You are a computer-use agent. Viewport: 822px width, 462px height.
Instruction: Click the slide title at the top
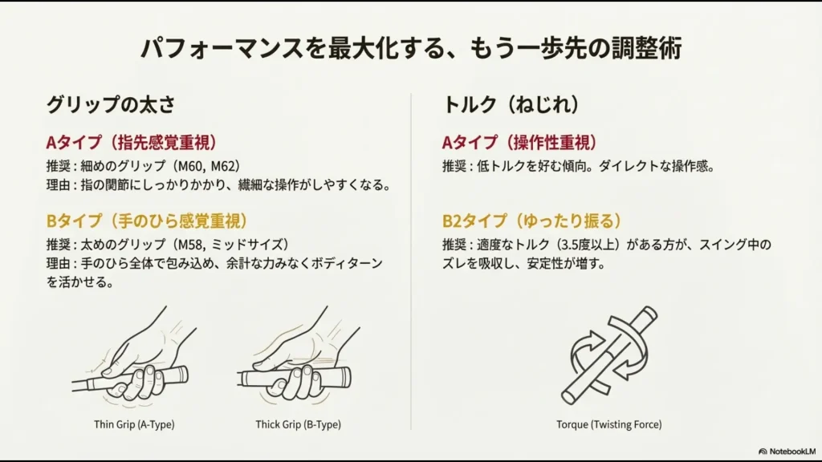point(411,48)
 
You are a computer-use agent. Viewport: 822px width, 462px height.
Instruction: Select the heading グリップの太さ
point(111,105)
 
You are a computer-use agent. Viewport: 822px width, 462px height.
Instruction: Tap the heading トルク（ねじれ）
point(511,104)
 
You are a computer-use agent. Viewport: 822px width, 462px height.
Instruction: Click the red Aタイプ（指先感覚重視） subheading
point(132,143)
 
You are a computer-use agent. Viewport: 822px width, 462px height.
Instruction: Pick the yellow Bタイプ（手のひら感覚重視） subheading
point(147,221)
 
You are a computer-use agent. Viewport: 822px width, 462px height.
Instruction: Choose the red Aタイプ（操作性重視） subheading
point(519,143)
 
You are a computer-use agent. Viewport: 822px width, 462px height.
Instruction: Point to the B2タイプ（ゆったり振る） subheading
point(531,221)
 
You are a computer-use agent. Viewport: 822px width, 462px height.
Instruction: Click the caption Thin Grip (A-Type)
point(134,424)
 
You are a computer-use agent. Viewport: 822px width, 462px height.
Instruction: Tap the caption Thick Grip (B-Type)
point(299,424)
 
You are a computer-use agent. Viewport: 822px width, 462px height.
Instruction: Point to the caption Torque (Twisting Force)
point(609,424)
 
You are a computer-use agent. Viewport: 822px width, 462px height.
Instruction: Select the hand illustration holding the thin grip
point(134,357)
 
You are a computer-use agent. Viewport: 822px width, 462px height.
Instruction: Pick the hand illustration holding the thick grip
point(298,357)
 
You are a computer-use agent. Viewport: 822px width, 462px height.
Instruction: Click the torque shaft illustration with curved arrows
point(610,355)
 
